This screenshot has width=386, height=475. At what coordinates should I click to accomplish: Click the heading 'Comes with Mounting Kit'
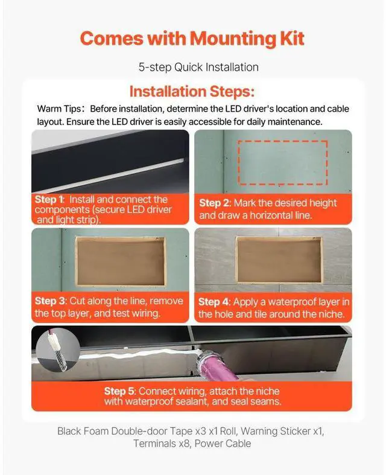192,39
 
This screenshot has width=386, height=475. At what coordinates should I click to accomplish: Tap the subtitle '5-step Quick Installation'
192,67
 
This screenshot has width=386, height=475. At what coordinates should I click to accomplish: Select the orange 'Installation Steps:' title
192,92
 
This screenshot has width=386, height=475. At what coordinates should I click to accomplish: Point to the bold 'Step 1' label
49,200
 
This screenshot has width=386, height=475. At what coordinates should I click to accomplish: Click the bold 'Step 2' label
214,203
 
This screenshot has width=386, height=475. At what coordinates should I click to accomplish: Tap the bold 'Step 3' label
49,301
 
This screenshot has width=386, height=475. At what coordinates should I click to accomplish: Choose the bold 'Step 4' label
214,301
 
